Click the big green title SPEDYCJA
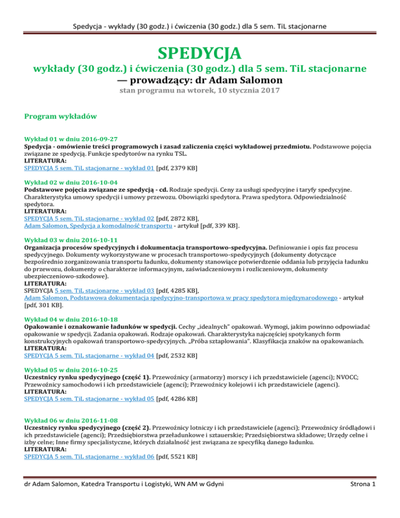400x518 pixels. tap(200, 53)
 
